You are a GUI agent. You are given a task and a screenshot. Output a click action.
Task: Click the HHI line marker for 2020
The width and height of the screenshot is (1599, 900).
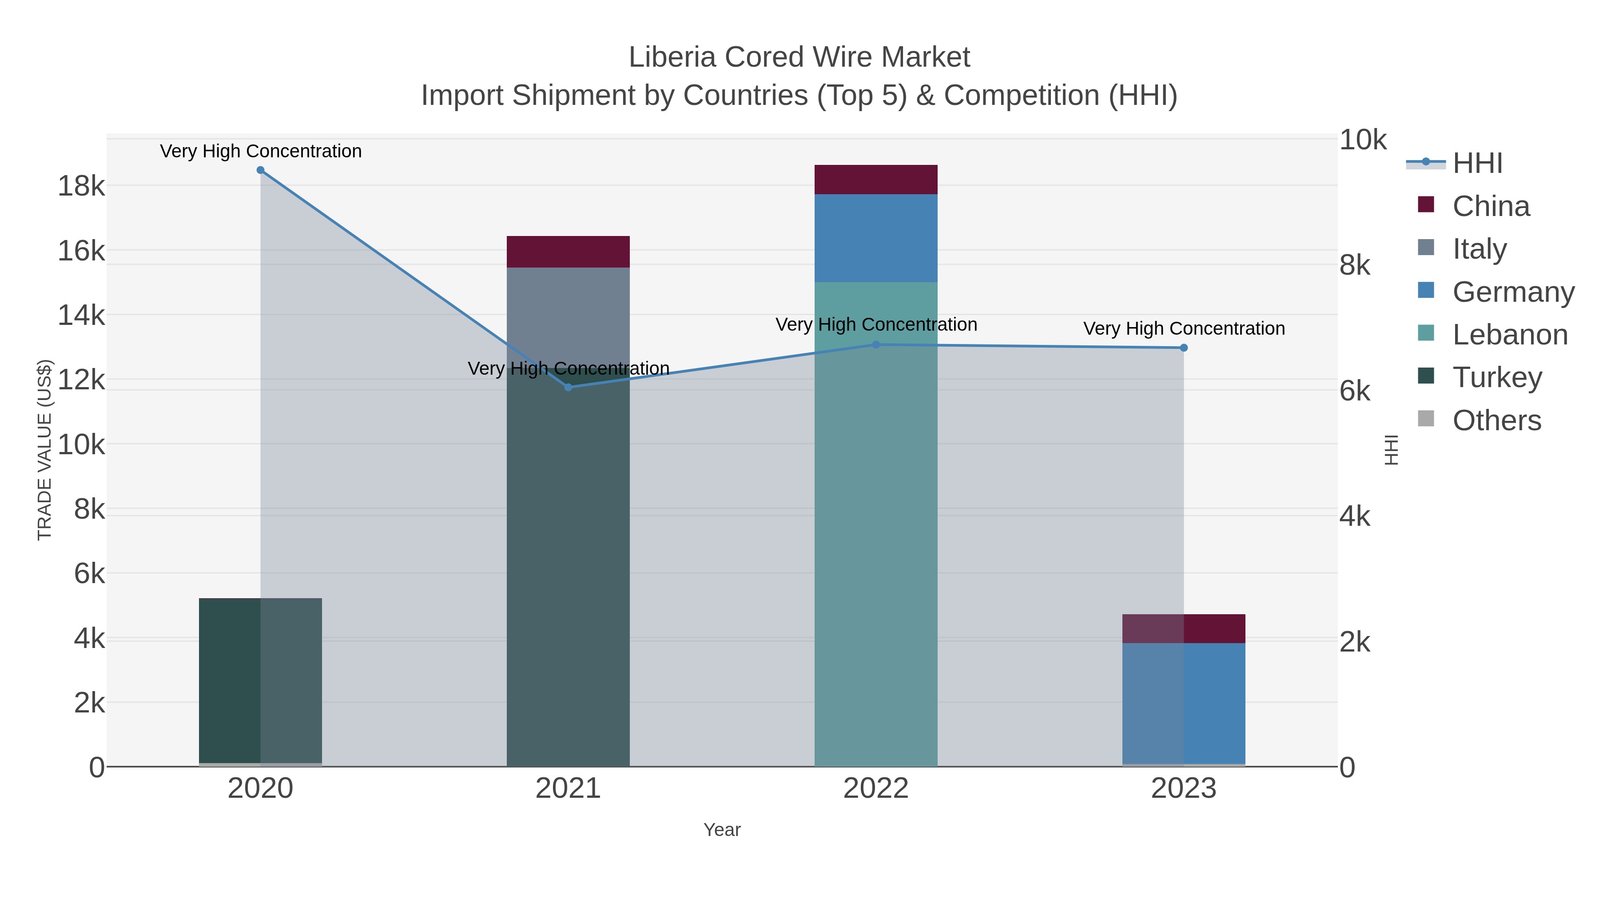260,170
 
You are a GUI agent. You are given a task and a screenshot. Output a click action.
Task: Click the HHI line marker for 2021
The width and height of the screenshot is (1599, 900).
568,387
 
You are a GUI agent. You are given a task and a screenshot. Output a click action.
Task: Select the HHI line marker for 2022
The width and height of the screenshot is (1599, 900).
876,345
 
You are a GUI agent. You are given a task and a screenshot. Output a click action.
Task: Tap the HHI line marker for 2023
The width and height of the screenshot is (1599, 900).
1184,348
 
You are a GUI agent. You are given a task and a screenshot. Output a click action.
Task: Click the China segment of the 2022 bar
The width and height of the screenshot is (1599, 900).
876,180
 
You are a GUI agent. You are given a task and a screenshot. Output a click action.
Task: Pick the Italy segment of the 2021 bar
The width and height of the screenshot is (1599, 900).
568,317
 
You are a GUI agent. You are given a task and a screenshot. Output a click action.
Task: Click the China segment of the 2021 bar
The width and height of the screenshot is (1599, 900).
568,252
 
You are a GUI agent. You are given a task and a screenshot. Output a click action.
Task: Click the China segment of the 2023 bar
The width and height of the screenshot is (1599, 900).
1184,628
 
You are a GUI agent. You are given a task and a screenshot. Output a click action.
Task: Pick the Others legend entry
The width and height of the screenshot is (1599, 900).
1496,420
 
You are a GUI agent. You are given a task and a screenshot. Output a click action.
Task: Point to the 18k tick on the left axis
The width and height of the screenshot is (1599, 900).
81,186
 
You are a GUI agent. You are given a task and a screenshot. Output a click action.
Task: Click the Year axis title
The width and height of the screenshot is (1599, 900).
722,830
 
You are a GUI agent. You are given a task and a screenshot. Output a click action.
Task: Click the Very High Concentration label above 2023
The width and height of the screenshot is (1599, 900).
1184,328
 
